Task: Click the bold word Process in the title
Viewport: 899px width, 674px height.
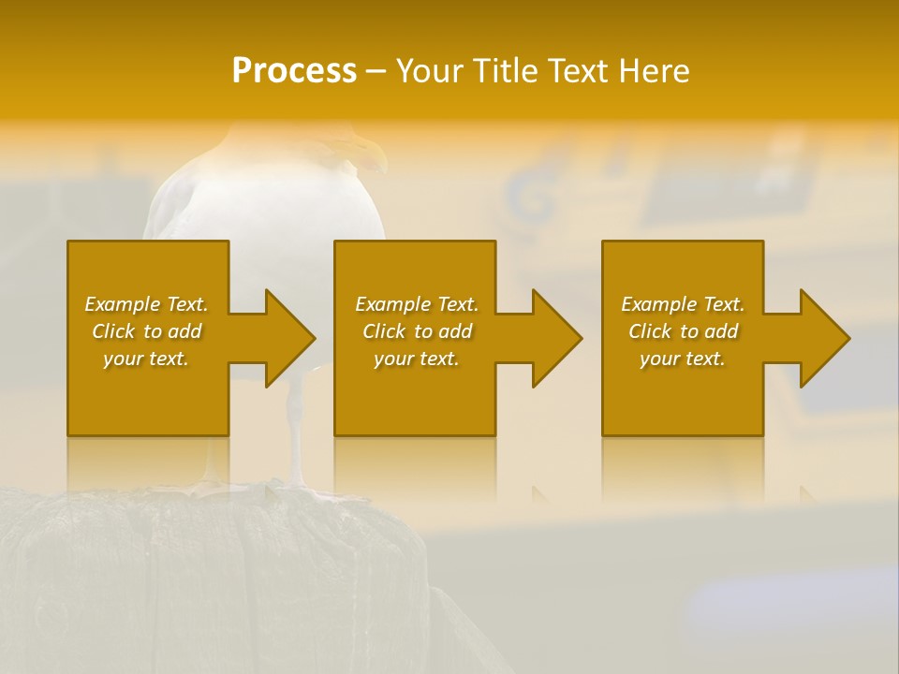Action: [x=294, y=70]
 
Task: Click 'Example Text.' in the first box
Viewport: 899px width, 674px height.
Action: [x=146, y=304]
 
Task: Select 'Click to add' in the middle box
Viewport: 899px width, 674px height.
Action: [x=417, y=331]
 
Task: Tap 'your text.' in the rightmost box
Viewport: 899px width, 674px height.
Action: [x=682, y=359]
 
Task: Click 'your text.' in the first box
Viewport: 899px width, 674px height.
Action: [x=146, y=359]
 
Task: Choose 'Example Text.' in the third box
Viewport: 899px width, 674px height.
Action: [x=682, y=304]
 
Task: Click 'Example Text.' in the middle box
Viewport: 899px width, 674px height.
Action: [x=417, y=304]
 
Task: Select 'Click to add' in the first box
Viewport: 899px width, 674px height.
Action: [x=146, y=331]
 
